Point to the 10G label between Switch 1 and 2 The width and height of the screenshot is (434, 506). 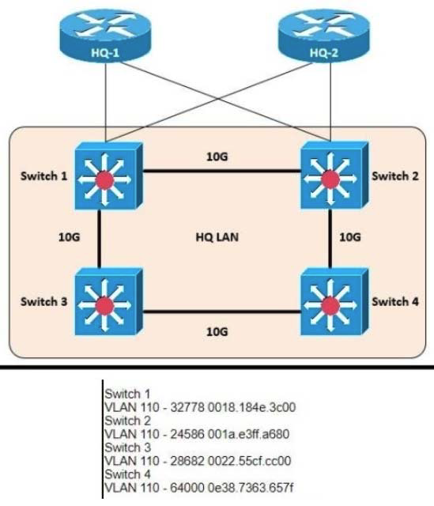[x=216, y=157]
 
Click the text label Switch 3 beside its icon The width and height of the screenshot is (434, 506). [x=43, y=301]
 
